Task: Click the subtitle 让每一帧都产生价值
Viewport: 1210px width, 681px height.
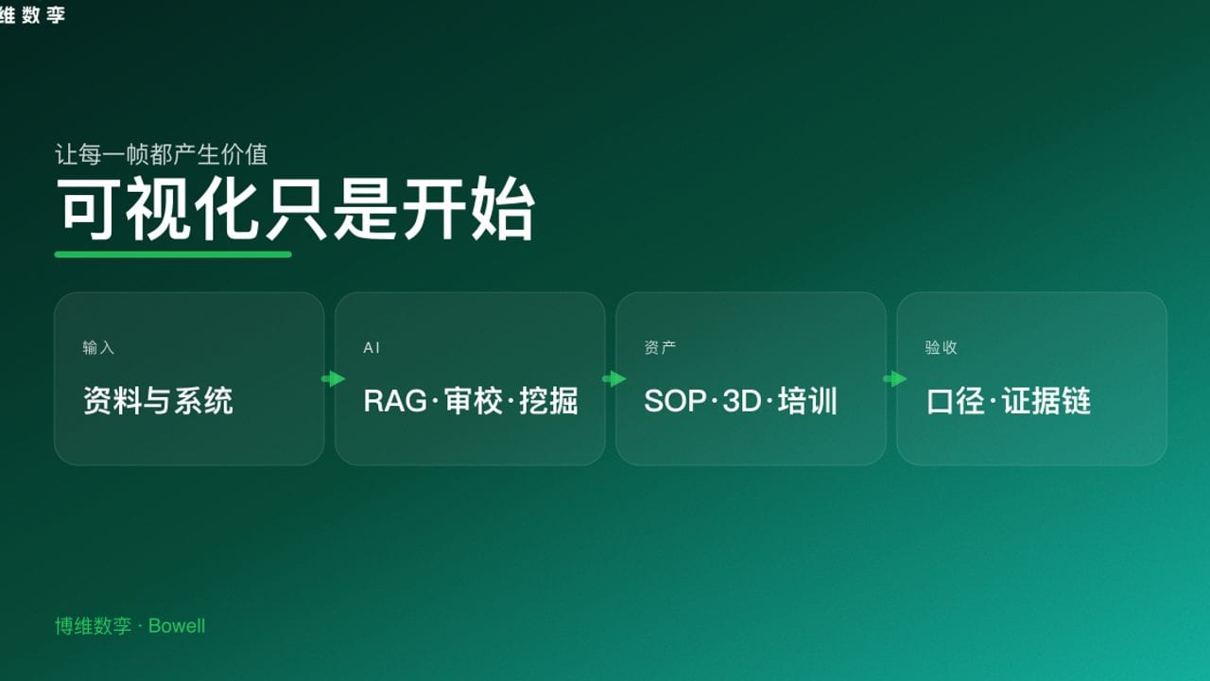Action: tap(162, 153)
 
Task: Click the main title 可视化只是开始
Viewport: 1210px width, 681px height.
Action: tap(296, 209)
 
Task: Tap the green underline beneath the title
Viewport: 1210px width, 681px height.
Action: tap(173, 253)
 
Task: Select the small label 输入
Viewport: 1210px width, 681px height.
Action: tap(98, 348)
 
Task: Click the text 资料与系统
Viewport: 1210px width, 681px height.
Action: tap(158, 401)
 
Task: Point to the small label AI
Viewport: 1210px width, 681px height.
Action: tap(372, 348)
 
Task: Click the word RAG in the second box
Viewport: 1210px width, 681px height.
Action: tap(395, 401)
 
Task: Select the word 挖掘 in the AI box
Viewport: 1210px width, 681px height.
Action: tap(548, 401)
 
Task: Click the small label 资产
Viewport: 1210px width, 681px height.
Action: tap(660, 348)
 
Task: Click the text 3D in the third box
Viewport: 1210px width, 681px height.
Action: tap(741, 401)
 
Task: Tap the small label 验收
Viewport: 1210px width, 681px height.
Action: tap(941, 348)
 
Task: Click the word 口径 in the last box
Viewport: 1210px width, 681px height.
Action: tap(956, 401)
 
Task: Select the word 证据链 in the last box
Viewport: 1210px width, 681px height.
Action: tap(1046, 401)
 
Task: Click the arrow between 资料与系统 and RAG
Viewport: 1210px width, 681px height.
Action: tap(333, 379)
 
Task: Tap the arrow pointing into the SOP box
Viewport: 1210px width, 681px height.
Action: tap(614, 379)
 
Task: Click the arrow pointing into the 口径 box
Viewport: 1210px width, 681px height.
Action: tap(894, 379)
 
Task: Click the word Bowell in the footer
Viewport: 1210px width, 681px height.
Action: tap(177, 626)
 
